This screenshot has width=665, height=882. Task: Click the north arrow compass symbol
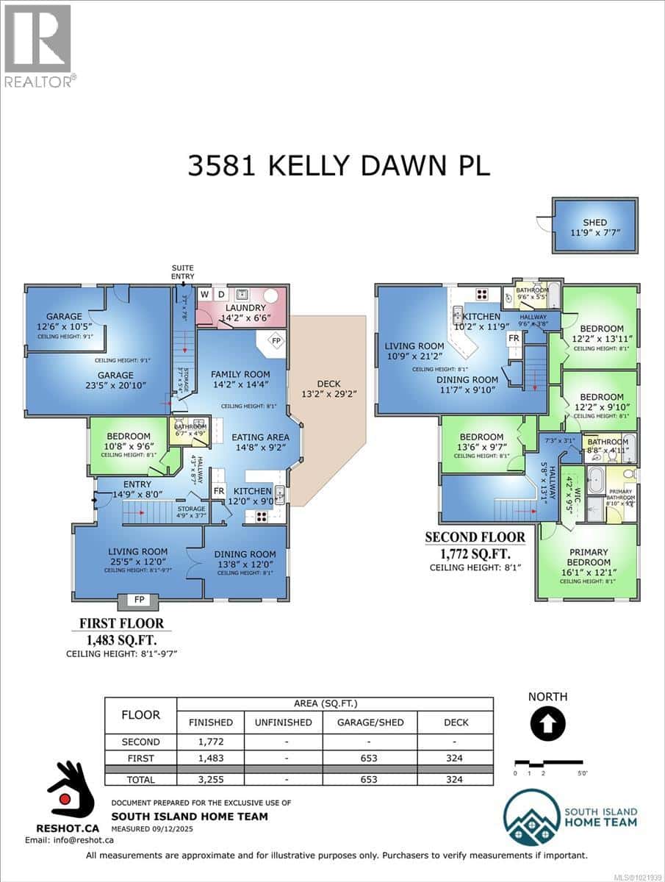547,725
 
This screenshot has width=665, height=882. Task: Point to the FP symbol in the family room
276,341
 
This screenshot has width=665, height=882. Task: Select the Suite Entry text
183,272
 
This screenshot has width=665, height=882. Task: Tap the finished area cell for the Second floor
210,742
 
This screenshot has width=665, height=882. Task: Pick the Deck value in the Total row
455,779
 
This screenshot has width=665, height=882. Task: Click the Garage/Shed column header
370,723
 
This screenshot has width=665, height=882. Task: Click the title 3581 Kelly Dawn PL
339,165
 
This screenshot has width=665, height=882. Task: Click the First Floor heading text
122,624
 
